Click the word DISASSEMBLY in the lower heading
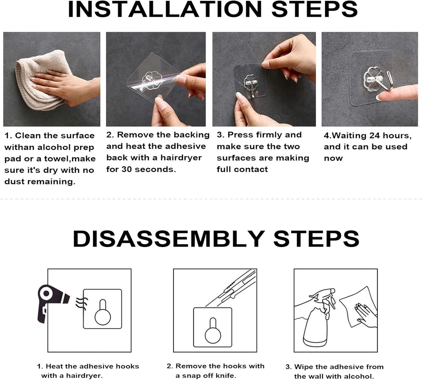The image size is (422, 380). (169, 238)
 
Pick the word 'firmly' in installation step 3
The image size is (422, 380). (270, 135)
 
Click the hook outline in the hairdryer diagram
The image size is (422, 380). (102, 311)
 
